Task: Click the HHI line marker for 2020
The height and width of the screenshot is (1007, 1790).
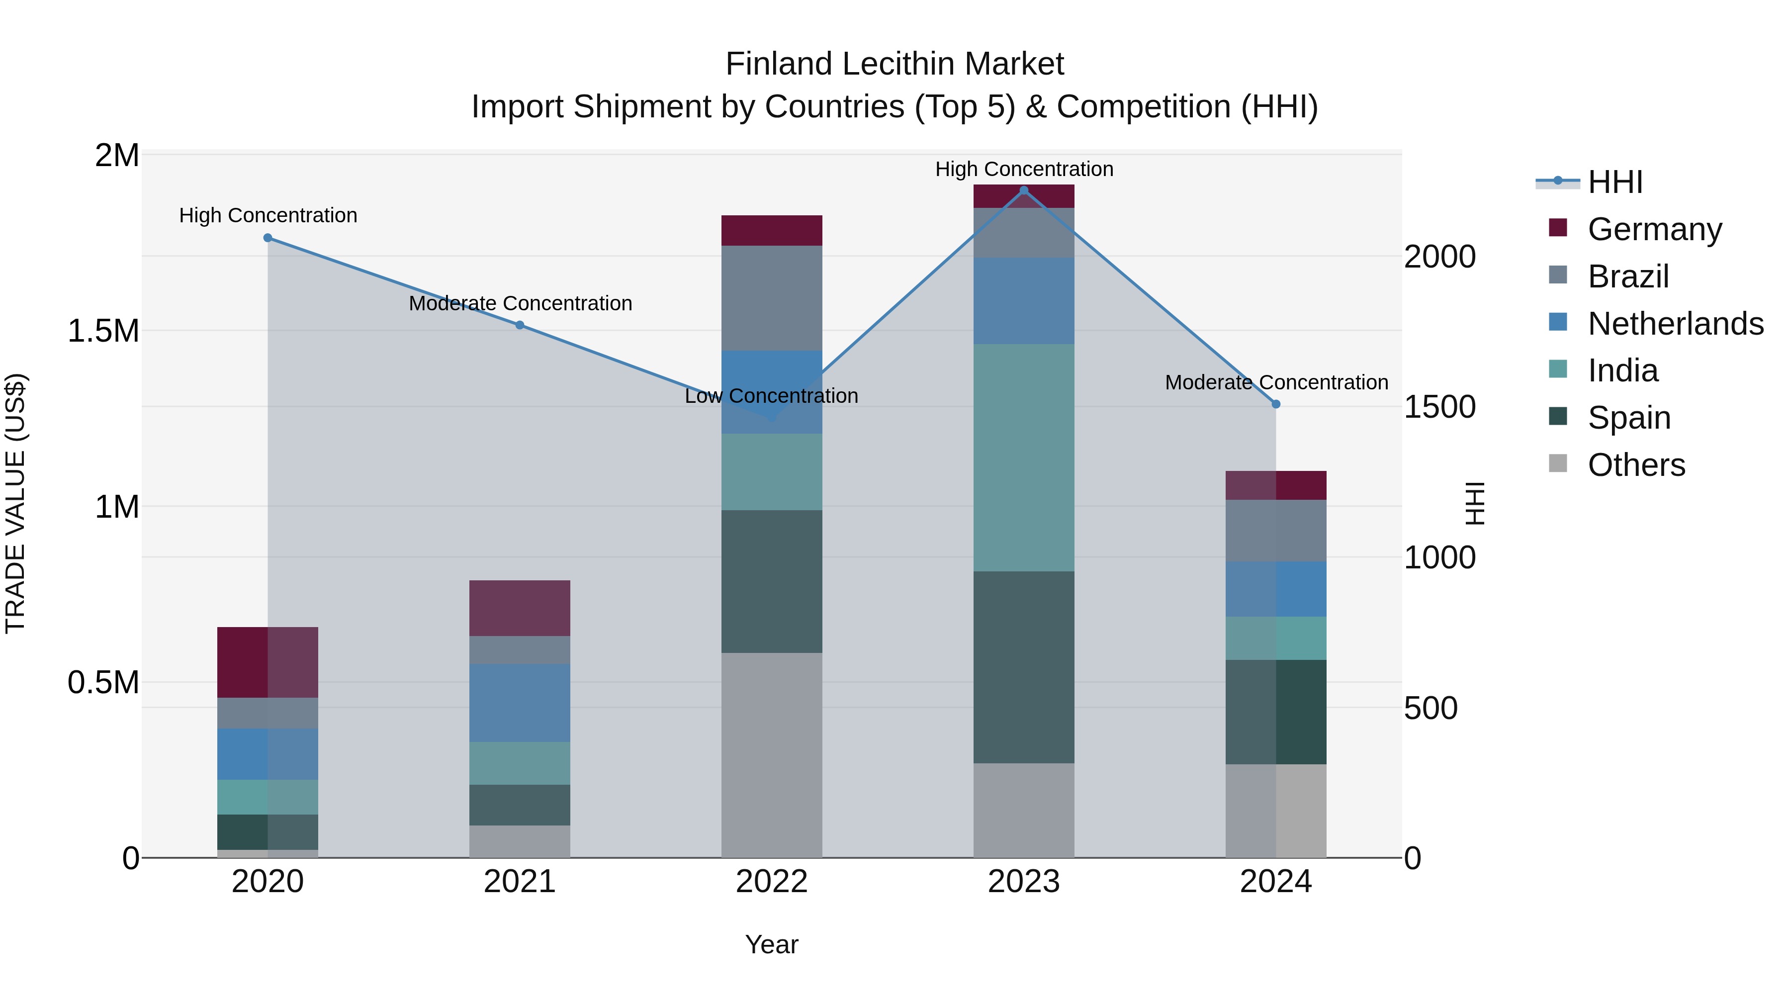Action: pos(268,238)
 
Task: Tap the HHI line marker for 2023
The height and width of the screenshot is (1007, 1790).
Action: pos(1024,190)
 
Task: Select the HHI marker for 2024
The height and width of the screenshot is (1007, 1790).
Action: pos(1276,404)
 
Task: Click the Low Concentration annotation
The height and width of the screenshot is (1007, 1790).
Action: pos(771,396)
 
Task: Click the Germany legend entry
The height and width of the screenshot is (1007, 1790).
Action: pos(1654,229)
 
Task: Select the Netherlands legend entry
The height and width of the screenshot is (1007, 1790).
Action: pos(1675,324)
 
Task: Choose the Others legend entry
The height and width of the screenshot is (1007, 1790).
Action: pos(1636,465)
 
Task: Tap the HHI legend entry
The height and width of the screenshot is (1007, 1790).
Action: pos(1615,182)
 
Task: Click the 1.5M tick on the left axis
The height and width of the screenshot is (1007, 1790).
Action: pos(103,331)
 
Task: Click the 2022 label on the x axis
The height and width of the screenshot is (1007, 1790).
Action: pos(771,882)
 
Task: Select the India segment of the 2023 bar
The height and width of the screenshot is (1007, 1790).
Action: pos(1024,458)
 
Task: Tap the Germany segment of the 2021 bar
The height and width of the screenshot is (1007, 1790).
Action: pos(520,608)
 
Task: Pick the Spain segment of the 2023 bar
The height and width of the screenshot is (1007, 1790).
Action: pos(1024,667)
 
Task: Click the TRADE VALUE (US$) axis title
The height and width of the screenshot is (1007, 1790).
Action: pos(15,503)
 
